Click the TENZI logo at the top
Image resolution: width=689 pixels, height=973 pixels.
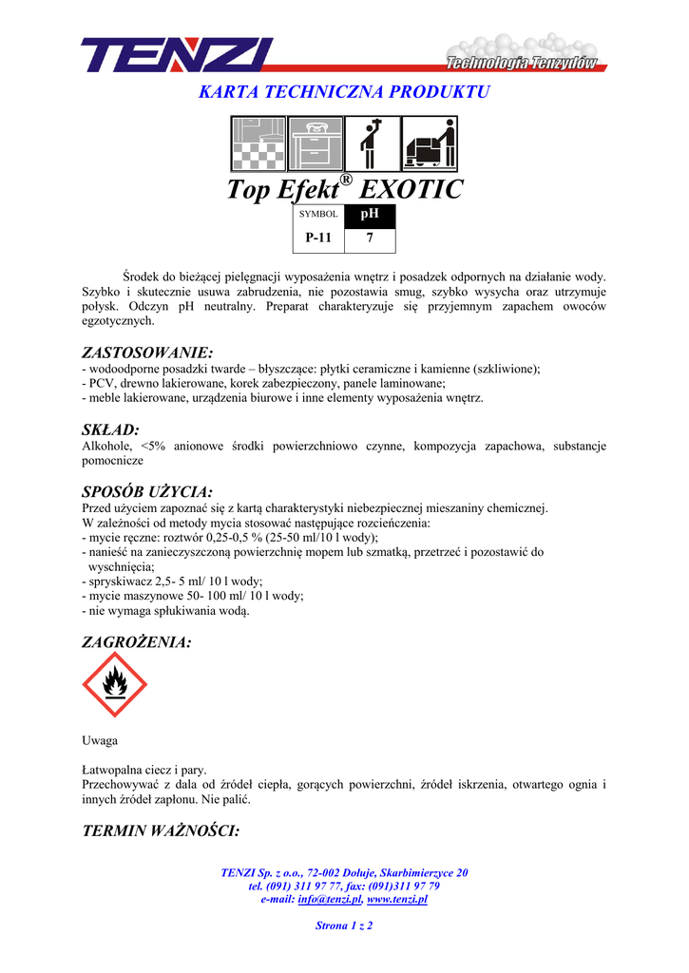coord(178,55)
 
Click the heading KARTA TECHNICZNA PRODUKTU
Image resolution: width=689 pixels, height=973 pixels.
coord(343,92)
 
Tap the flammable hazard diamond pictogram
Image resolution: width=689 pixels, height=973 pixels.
coord(115,684)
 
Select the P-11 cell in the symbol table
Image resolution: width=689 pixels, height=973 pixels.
coord(318,238)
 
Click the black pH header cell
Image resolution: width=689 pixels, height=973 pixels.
coord(369,214)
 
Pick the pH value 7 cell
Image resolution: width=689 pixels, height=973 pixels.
coord(369,238)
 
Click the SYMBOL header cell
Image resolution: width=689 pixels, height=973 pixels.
coord(318,215)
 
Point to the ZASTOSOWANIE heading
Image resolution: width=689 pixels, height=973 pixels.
coord(147,353)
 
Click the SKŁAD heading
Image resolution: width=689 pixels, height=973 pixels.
coord(111,429)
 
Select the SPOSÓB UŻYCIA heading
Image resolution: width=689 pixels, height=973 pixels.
coord(147,491)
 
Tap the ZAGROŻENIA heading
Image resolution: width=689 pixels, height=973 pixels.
coord(137,642)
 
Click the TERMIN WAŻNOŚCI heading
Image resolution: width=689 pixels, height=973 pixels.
coord(161,830)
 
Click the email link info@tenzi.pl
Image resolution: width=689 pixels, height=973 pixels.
coord(331,899)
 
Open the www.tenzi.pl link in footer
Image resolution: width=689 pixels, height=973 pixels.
coord(397,899)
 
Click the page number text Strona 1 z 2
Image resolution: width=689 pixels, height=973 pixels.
coord(344,925)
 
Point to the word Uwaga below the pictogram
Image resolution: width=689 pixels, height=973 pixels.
coord(100,740)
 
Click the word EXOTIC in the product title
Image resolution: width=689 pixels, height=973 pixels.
coord(413,189)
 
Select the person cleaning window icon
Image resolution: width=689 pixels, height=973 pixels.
coord(372,143)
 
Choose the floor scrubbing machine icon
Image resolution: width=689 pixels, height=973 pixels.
coord(430,143)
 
